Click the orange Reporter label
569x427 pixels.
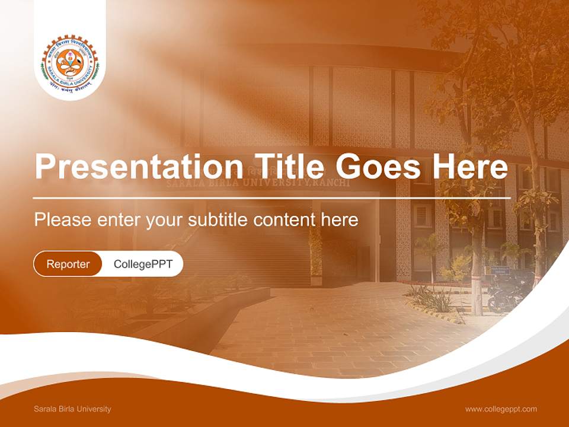[x=68, y=264]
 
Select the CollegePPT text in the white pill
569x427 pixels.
[x=143, y=264]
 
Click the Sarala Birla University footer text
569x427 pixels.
[x=72, y=409]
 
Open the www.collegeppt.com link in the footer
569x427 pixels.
[x=501, y=409]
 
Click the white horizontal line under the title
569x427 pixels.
[x=271, y=198]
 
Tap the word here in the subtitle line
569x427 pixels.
[x=340, y=220]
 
